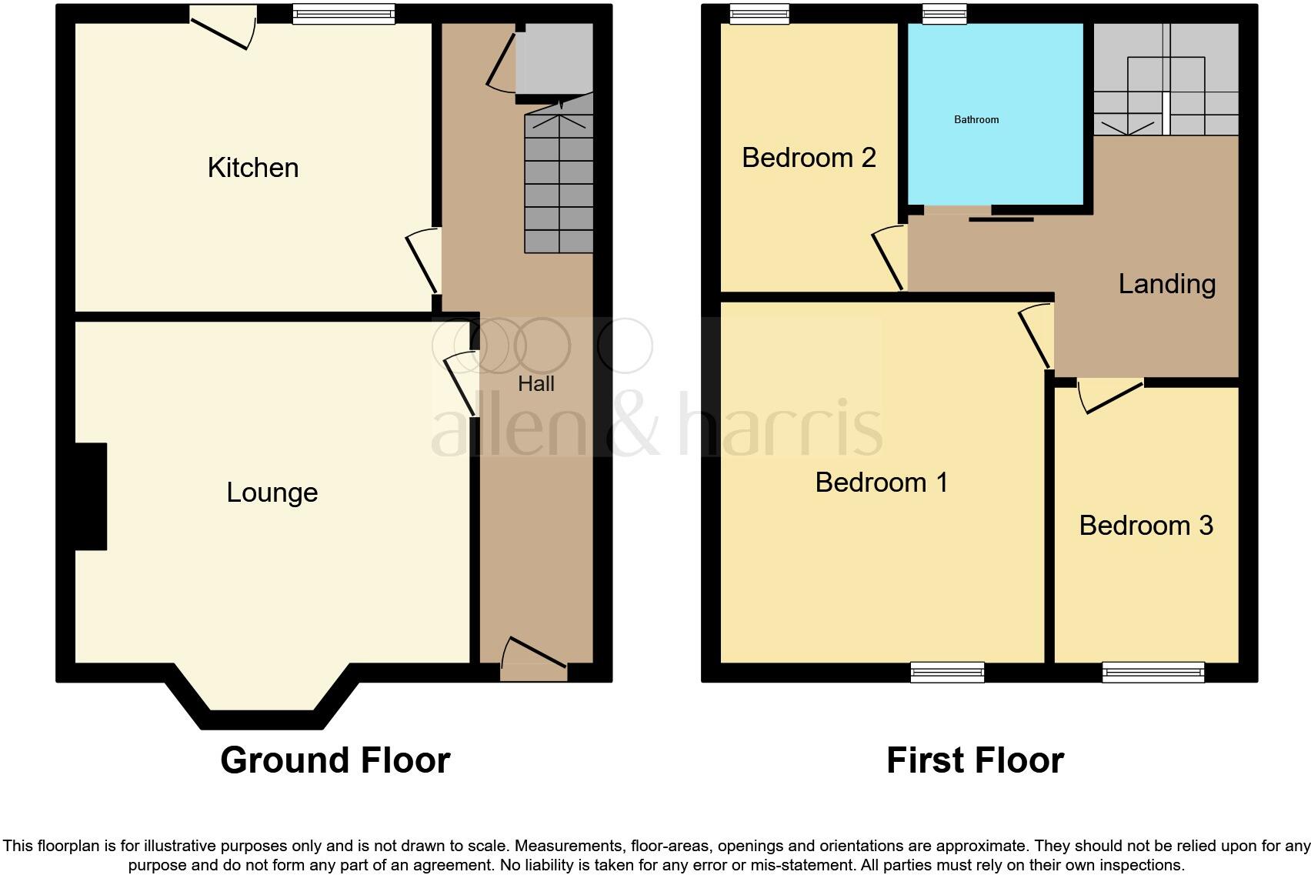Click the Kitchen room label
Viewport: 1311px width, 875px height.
[253, 168]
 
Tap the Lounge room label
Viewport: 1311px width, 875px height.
[272, 493]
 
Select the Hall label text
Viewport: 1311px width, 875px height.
[535, 383]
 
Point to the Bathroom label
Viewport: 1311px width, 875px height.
[976, 119]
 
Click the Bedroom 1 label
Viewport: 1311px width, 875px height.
[881, 483]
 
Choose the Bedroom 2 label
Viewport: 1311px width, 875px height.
[809, 158]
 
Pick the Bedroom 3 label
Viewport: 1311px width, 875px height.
[1146, 526]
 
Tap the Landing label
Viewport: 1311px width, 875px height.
[1166, 284]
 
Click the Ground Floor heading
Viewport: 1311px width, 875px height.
[335, 760]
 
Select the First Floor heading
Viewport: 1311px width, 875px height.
[975, 760]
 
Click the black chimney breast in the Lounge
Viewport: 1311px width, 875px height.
[91, 496]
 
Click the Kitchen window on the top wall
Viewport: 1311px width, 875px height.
[344, 14]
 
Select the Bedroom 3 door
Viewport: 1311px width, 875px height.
[1110, 394]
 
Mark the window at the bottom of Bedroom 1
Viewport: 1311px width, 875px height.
[947, 672]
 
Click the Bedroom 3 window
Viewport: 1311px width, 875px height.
[1153, 672]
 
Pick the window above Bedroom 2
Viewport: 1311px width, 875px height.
[759, 13]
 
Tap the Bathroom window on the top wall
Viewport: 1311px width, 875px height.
[944, 13]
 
